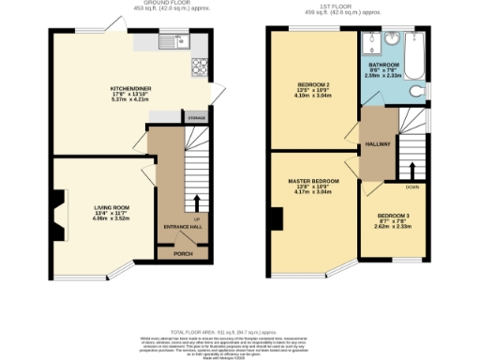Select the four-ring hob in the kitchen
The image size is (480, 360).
pyautogui.click(x=200, y=66)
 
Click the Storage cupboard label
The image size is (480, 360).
pyautogui.click(x=196, y=119)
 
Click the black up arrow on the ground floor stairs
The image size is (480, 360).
pyautogui.click(x=197, y=202)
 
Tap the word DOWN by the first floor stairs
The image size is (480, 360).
pyautogui.click(x=412, y=187)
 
